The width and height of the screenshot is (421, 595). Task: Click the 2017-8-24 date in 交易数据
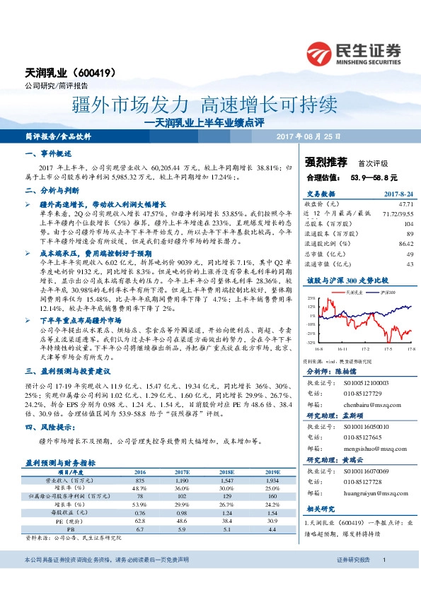[x=398, y=193]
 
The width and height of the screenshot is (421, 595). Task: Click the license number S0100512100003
[x=369, y=382]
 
